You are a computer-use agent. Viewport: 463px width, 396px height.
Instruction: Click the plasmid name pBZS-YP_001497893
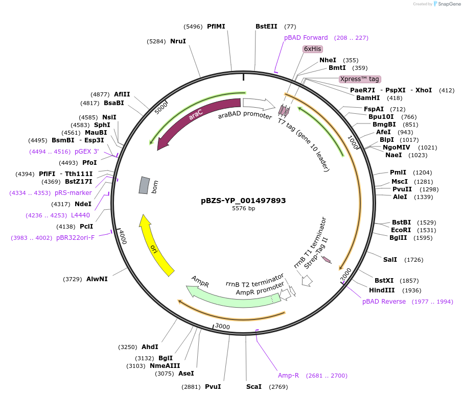pyautogui.click(x=243, y=201)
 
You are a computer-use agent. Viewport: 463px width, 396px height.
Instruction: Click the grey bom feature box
pyautogui.click(x=145, y=185)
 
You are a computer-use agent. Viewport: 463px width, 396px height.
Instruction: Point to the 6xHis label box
pyautogui.click(x=313, y=49)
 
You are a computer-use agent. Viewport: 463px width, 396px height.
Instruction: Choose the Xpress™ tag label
pyautogui.click(x=360, y=79)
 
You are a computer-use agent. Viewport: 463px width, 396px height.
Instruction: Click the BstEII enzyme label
pyautogui.click(x=266, y=27)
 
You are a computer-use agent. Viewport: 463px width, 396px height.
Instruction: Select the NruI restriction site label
pyautogui.click(x=178, y=41)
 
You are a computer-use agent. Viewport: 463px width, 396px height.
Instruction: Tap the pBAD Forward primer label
pyautogui.click(x=306, y=38)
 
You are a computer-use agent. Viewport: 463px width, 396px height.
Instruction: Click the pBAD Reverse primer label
pyautogui.click(x=384, y=302)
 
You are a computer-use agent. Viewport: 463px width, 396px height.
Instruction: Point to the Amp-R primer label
pyautogui.click(x=288, y=376)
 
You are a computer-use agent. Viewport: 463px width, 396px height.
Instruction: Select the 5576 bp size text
pyautogui.click(x=243, y=209)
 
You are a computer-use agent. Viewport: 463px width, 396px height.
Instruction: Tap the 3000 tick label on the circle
pyautogui.click(x=223, y=326)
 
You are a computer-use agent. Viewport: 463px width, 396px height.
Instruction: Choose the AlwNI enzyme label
pyautogui.click(x=97, y=279)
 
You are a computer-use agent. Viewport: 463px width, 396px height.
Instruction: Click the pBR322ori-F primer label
pyautogui.click(x=75, y=238)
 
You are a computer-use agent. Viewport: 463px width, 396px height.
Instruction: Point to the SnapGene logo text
pyautogui.click(x=448, y=4)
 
